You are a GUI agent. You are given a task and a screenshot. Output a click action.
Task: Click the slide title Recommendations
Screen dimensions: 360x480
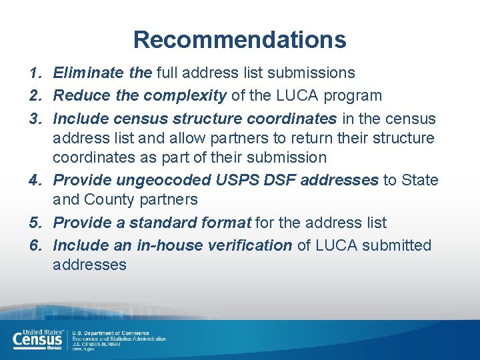point(240,39)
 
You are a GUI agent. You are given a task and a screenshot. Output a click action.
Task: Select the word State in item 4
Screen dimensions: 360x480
point(419,180)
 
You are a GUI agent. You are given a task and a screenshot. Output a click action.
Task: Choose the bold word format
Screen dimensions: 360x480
point(227,223)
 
